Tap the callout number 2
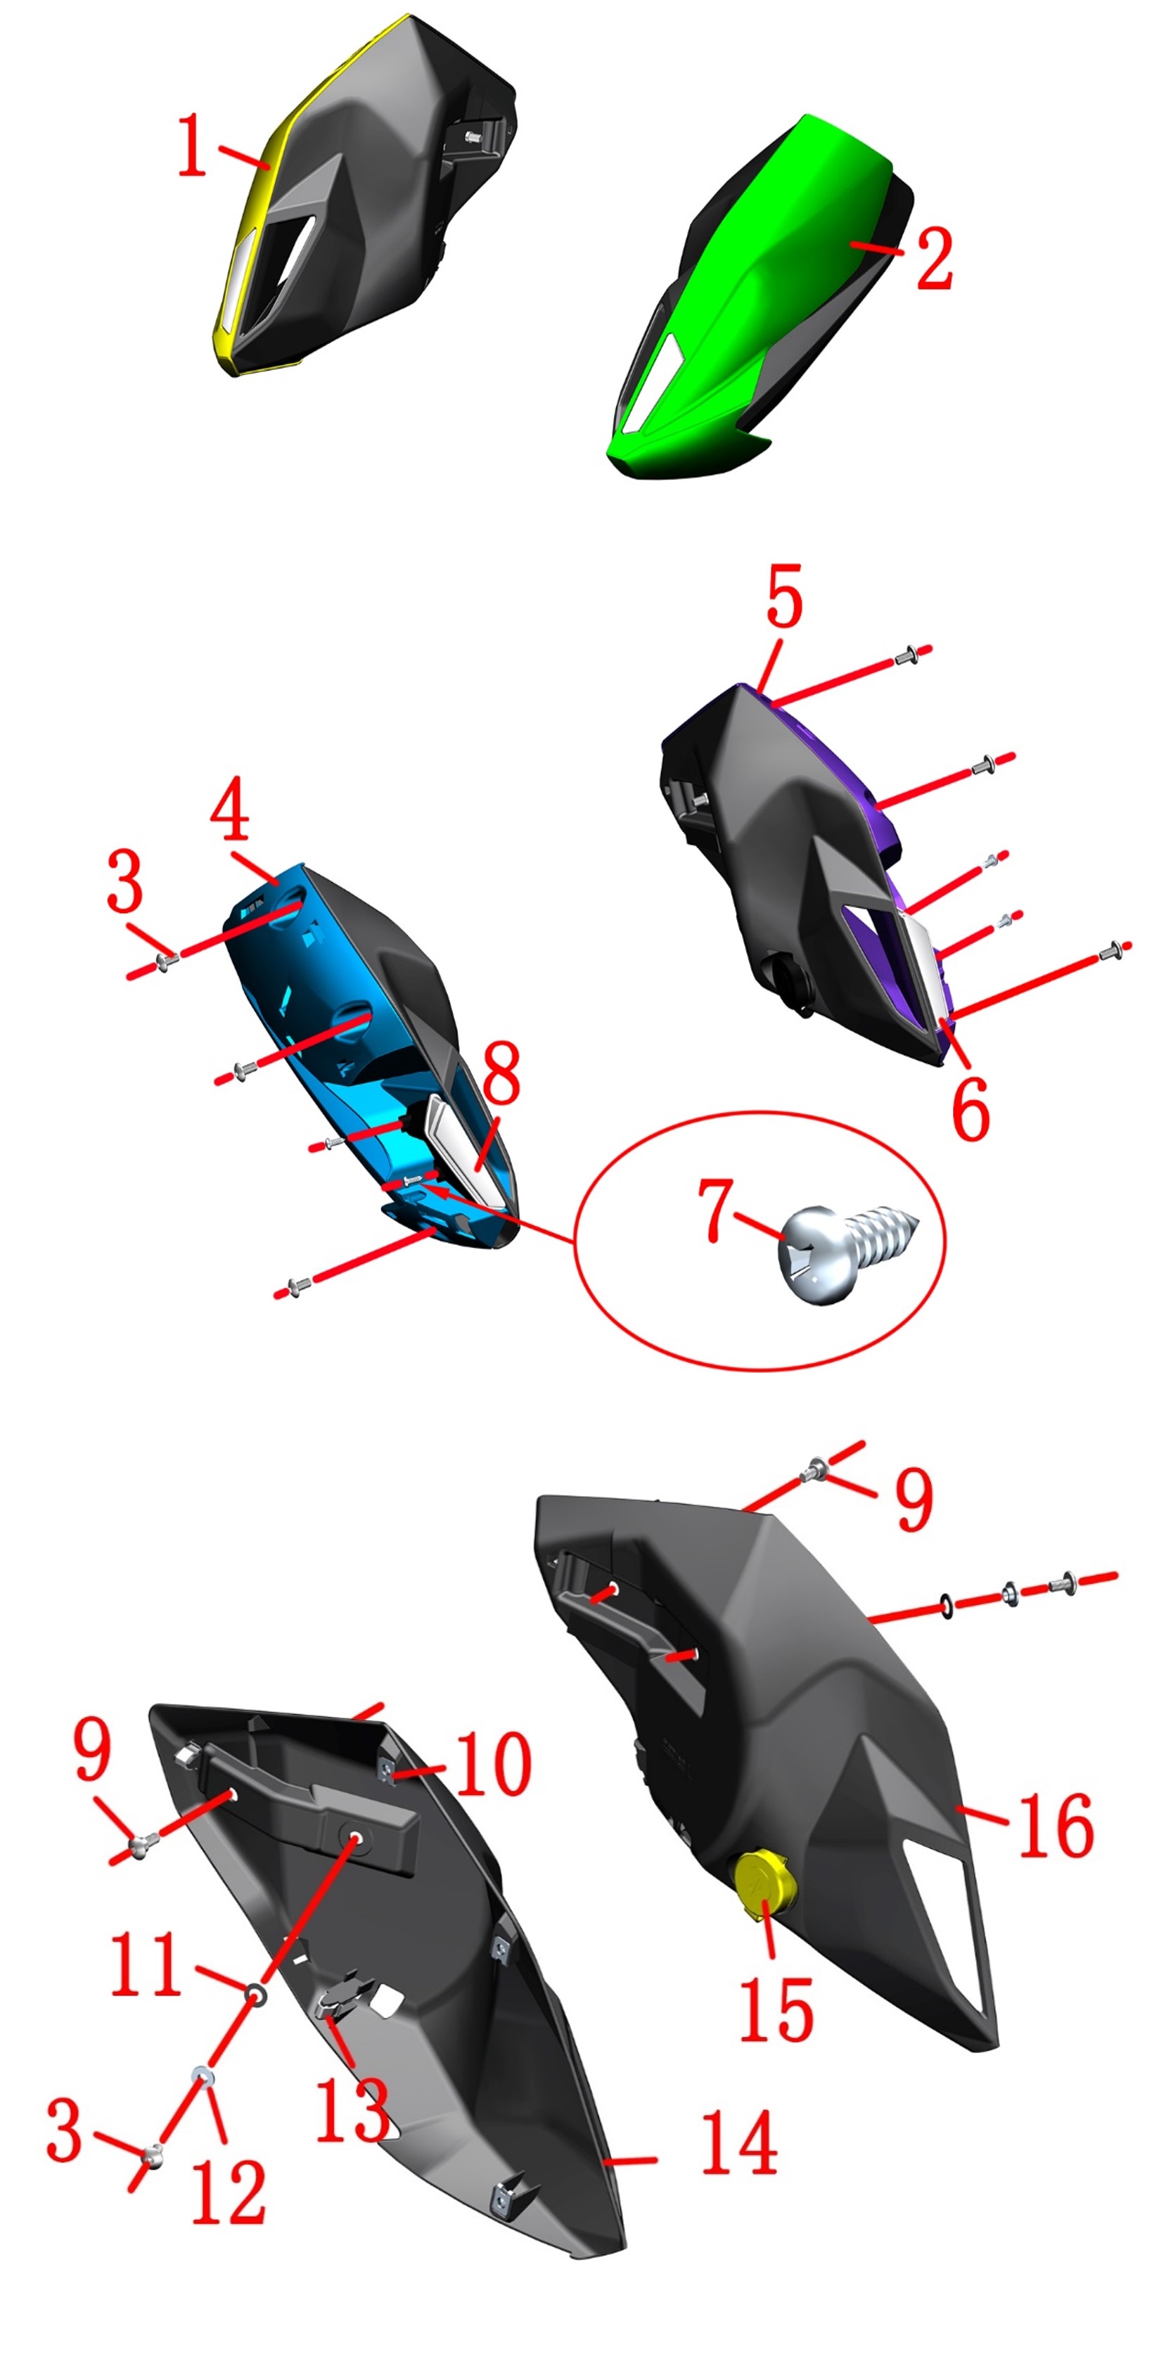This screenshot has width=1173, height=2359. coord(934,258)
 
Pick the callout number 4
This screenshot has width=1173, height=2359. coord(230,809)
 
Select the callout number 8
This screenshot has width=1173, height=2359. coord(502,1073)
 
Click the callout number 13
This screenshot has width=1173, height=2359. coord(352,2109)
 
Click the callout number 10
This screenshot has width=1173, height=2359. coord(493,1764)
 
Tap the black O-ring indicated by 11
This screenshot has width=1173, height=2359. coord(257,1995)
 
